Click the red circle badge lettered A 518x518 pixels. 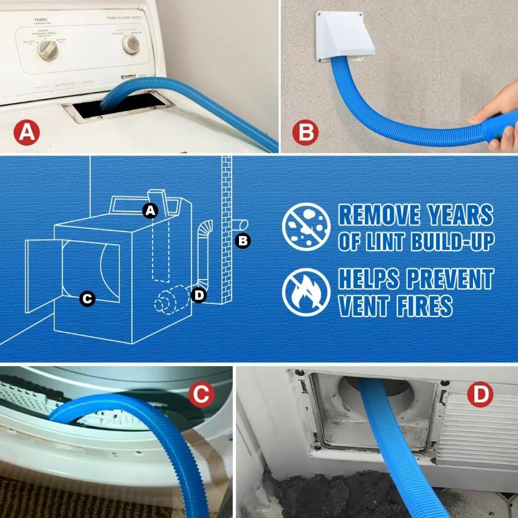tap(27, 133)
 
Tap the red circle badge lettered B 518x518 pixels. tap(306, 132)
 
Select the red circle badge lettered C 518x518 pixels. tap(201, 394)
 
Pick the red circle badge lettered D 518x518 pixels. tap(480, 394)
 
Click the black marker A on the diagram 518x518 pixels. tap(149, 211)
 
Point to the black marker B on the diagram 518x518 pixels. tap(243, 240)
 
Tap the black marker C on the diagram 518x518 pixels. tap(88, 299)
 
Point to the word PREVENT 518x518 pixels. tap(444, 279)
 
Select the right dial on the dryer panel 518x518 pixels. tap(131, 44)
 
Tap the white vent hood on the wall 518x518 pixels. tap(342, 37)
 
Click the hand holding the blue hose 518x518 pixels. tap(497, 123)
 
